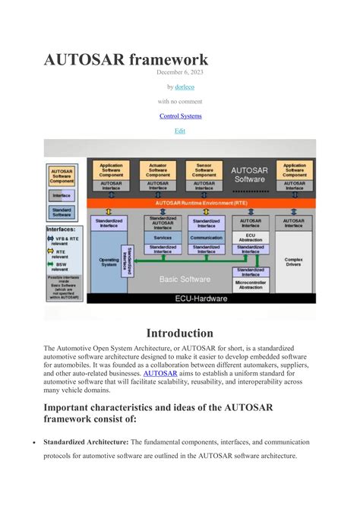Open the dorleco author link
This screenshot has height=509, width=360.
(x=185, y=87)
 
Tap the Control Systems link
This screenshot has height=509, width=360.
(x=180, y=116)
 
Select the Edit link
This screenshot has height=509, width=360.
(x=180, y=131)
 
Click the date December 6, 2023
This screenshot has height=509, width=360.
(x=180, y=72)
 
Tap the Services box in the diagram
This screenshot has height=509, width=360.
(x=162, y=237)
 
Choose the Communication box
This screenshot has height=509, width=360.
(x=206, y=237)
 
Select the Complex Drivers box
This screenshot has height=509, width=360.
(x=293, y=262)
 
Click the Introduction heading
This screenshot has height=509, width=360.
(x=180, y=333)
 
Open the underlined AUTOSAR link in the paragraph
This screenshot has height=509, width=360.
(x=160, y=374)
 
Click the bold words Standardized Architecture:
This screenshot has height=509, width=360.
(x=86, y=441)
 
